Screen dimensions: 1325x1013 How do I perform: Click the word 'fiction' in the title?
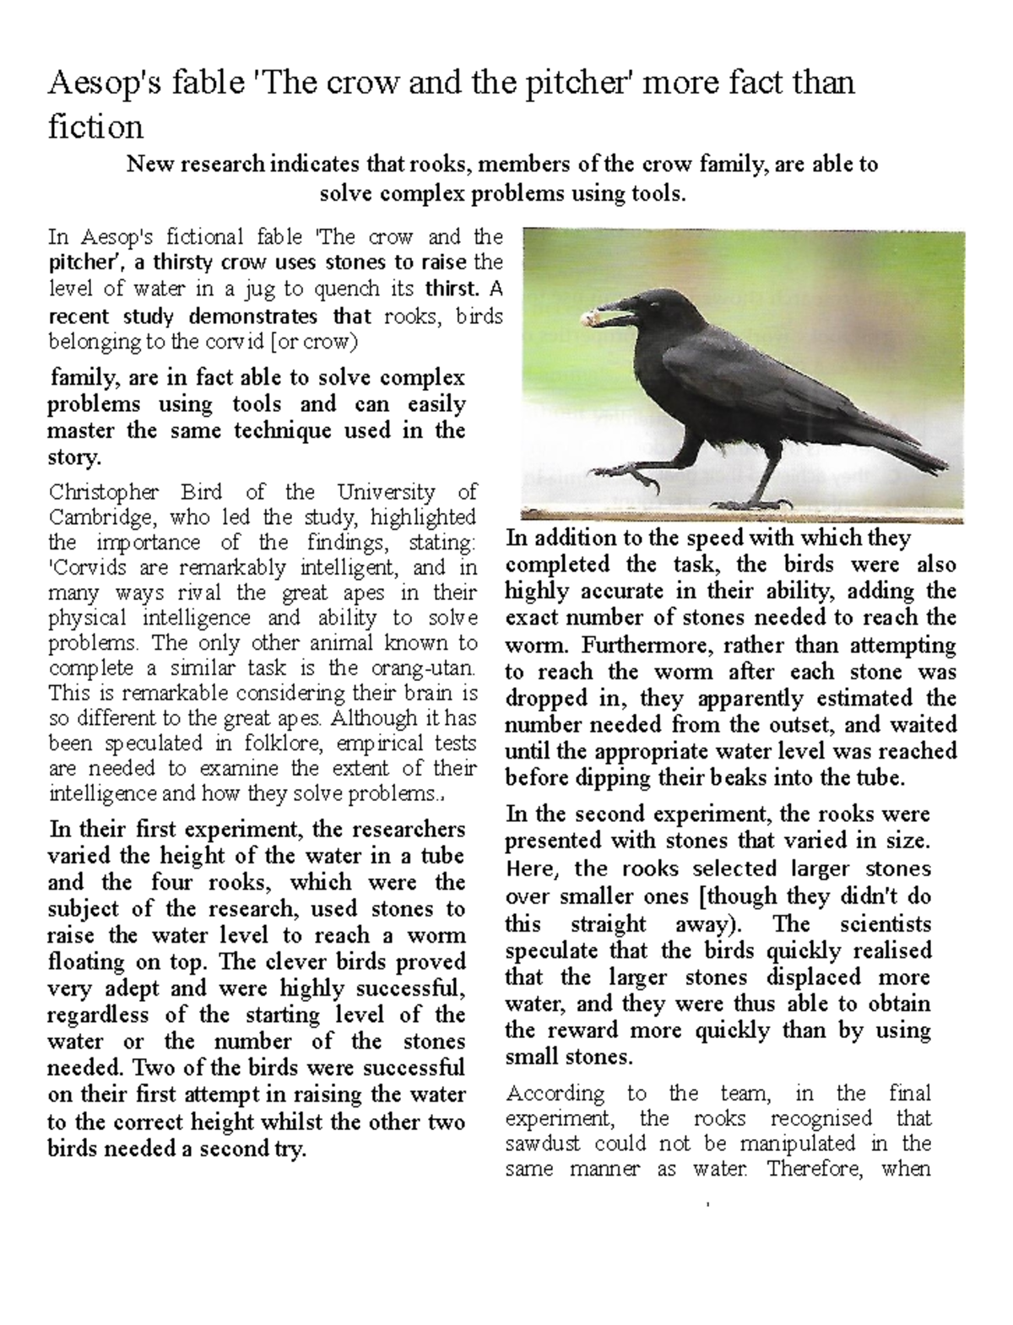(x=95, y=127)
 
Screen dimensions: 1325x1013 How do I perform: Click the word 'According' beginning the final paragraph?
(x=555, y=1094)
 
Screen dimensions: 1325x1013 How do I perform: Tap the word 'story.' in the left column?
(x=75, y=457)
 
